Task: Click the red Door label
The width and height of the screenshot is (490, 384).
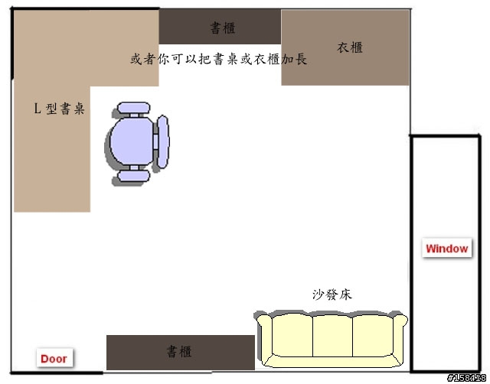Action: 54,359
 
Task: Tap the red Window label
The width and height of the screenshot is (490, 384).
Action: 447,249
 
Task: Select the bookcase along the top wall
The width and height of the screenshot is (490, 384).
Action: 220,27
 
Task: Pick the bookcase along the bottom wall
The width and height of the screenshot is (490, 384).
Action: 181,353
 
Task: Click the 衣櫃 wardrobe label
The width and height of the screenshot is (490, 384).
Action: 350,47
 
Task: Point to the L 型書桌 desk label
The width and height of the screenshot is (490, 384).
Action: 59,109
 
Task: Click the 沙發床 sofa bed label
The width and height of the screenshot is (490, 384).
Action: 332,295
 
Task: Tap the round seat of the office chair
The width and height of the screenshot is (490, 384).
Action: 132,141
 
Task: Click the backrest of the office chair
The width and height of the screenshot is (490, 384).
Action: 163,142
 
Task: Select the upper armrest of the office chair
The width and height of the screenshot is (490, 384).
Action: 134,108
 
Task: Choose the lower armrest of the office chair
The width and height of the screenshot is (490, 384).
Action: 134,176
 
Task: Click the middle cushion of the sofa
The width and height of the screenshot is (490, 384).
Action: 332,337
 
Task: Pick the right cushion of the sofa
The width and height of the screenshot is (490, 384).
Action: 373,336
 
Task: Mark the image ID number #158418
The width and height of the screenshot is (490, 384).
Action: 466,378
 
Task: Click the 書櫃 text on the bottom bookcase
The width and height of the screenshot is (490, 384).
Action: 179,352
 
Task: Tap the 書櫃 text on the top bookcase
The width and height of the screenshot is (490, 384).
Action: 223,28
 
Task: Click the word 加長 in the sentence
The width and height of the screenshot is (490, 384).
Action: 294,59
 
